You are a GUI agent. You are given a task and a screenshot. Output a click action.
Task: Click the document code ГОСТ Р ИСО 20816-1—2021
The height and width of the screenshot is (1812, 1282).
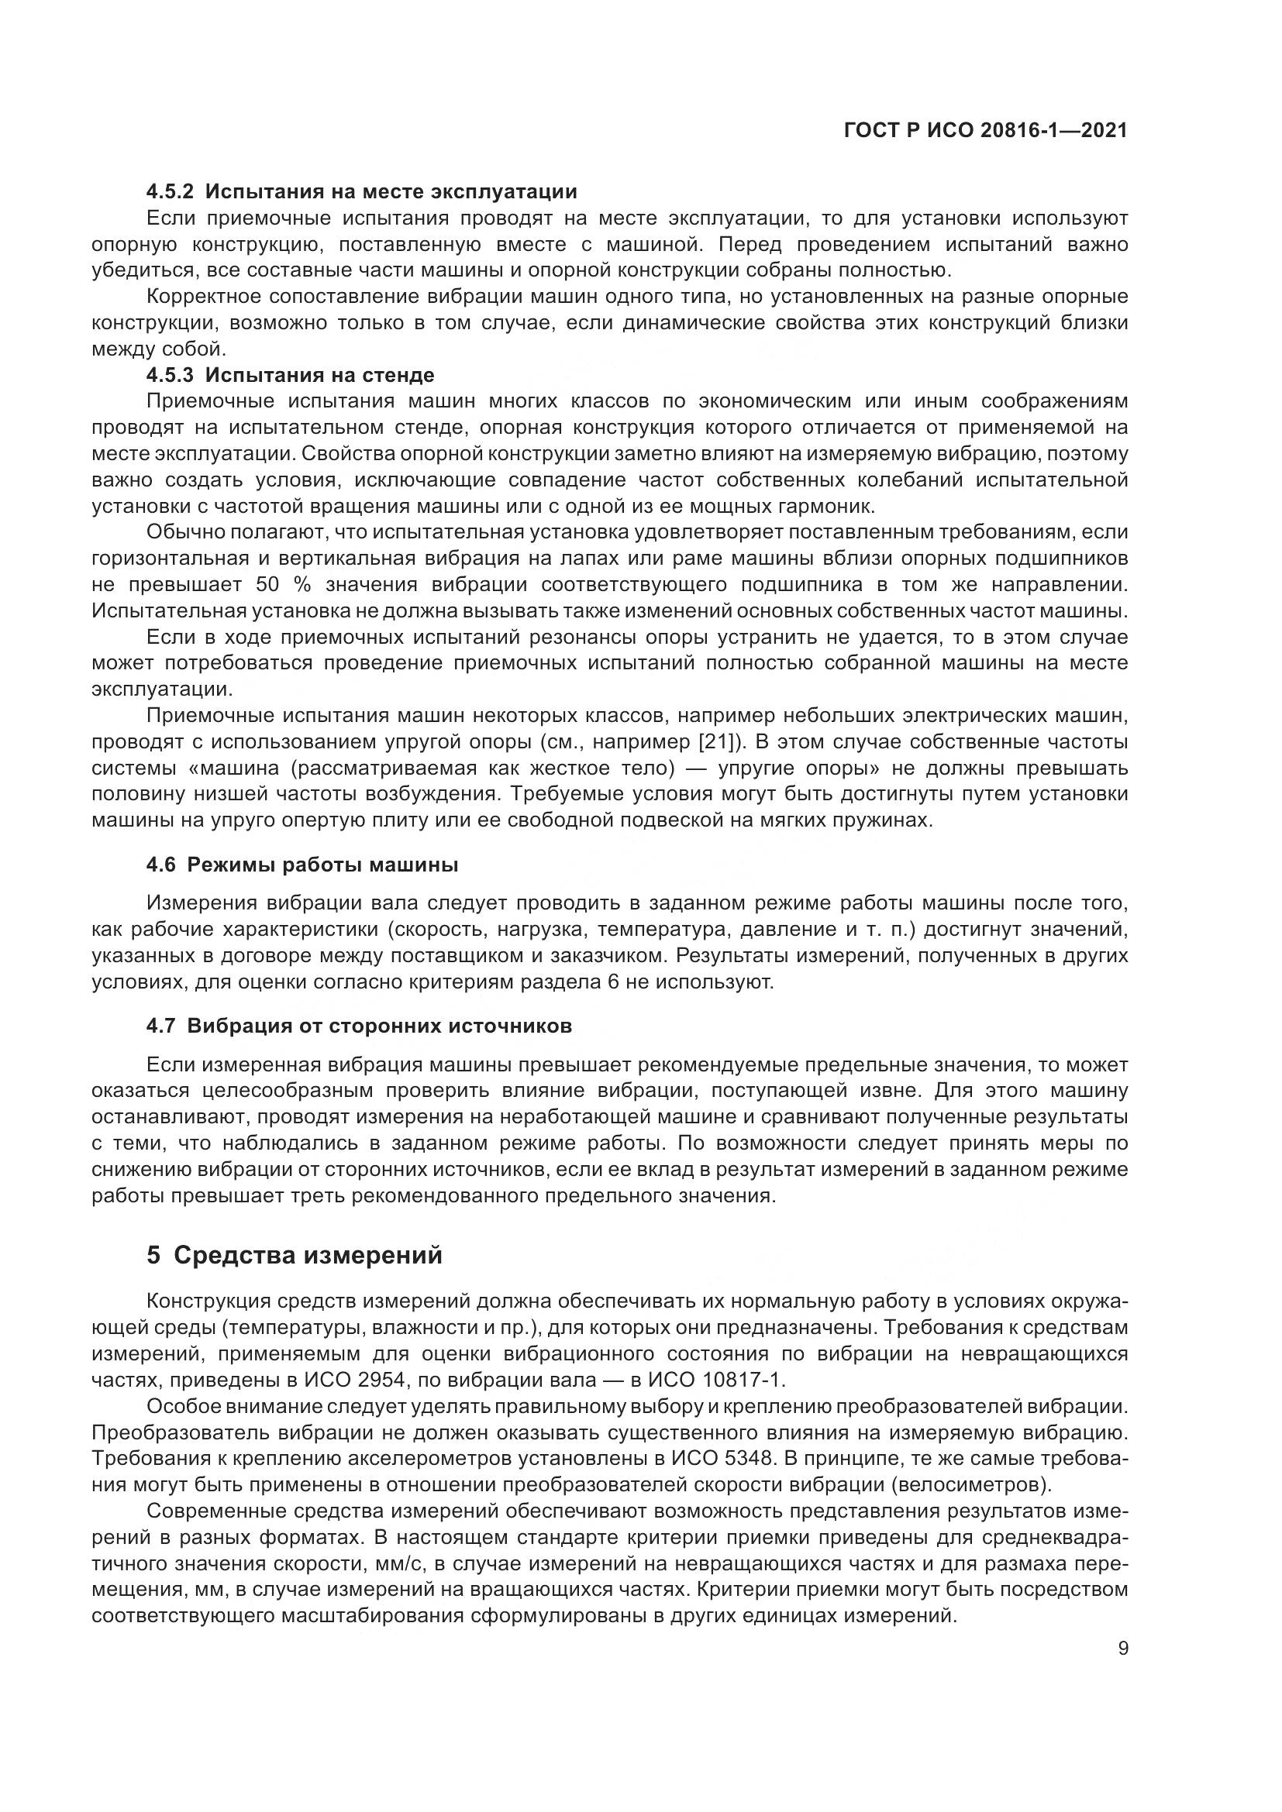985,131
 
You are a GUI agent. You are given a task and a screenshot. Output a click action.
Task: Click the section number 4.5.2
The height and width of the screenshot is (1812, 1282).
170,192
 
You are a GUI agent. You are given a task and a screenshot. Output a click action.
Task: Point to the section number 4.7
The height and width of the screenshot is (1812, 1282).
160,1026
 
